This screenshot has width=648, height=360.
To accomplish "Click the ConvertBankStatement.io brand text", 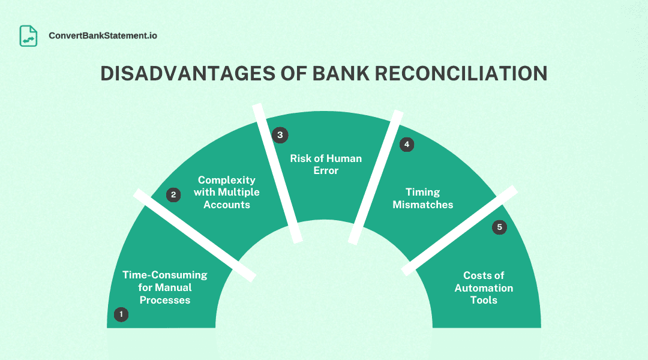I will point(103,36).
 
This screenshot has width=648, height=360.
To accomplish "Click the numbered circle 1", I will point(121,314).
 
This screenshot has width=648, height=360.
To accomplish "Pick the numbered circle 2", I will point(173,195).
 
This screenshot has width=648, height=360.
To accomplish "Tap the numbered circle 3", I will point(280,135).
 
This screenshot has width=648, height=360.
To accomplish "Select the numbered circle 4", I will point(407,145).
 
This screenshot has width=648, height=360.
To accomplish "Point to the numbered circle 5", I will point(499,227).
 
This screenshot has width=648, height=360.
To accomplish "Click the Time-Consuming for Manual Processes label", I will point(164,287).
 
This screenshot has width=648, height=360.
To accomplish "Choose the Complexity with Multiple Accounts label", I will point(226,192).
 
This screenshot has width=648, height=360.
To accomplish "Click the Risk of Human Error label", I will point(325,164).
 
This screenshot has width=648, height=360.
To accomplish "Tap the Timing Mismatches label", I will point(423,198).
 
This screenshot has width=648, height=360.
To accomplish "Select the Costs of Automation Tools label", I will point(484,287).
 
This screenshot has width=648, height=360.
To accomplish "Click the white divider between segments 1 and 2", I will point(194,235).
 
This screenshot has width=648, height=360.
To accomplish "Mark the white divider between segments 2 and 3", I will point(277,174).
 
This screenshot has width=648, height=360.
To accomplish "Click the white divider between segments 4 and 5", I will point(459,231).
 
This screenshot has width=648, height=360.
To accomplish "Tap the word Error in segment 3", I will point(325,171).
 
